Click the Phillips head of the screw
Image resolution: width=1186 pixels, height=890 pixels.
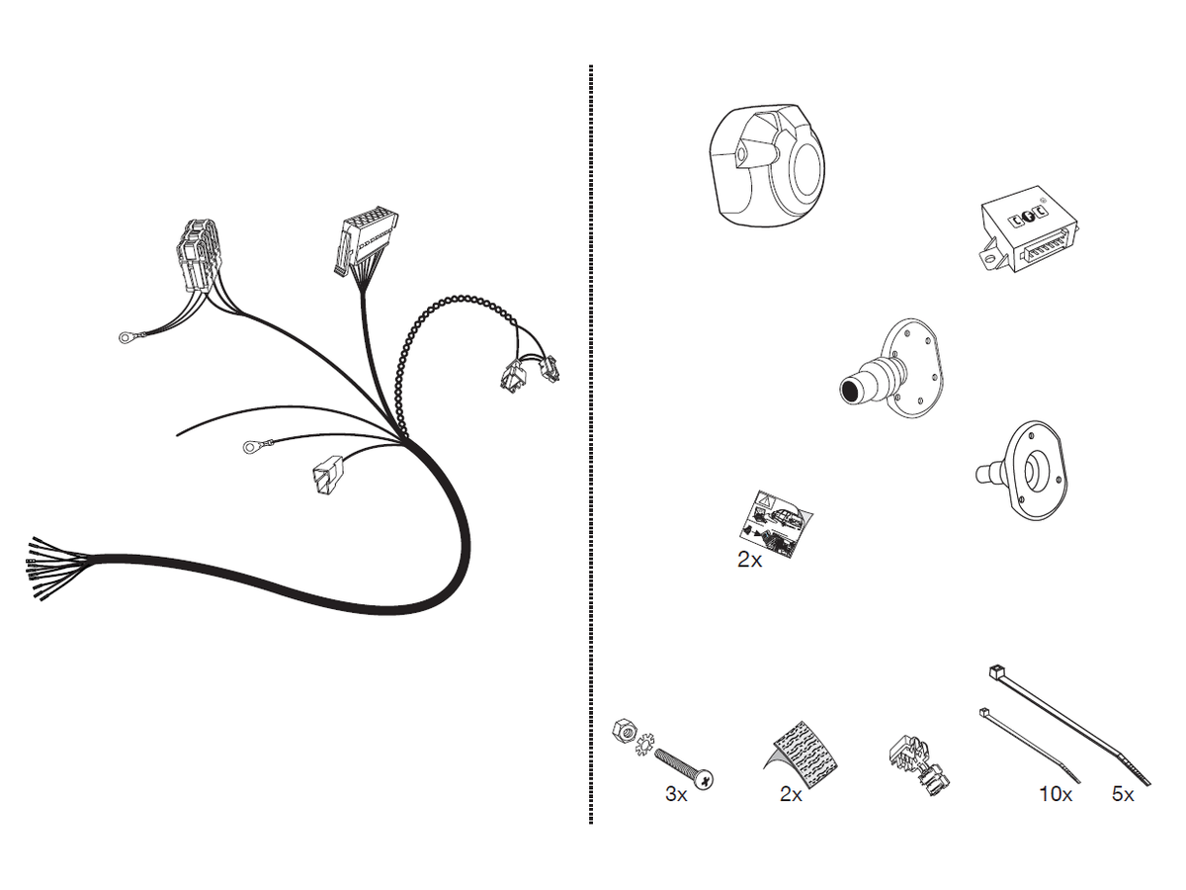point(703,779)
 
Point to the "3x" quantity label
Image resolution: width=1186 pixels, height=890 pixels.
point(676,794)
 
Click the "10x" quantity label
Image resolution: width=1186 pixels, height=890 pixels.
point(1056,794)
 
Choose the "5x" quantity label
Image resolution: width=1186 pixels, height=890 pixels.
point(1123,794)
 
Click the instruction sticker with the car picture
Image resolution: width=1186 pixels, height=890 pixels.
point(776,524)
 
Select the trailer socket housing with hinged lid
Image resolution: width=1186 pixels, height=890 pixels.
point(767,165)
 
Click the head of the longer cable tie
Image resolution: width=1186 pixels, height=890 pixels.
point(994,672)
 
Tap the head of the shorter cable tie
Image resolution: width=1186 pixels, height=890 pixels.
point(984,713)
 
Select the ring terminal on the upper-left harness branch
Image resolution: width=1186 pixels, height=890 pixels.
point(127,338)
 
